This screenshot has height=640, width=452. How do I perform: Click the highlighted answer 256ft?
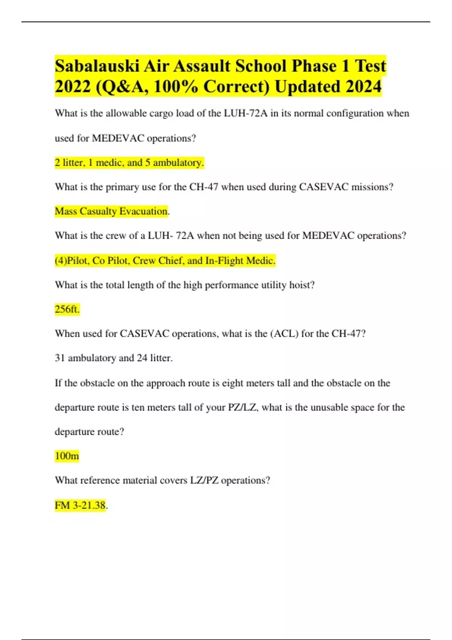67,309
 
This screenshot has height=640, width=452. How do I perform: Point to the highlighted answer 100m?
67,456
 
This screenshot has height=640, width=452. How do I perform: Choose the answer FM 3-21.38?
80,505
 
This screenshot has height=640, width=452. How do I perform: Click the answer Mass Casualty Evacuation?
111,211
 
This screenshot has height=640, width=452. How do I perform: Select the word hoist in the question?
301,285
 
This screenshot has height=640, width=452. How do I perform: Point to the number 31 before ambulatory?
60,358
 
